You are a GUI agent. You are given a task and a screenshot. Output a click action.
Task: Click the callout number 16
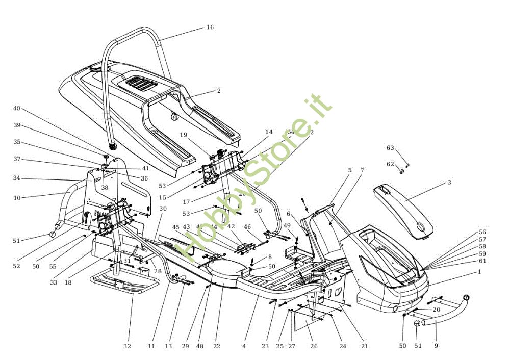[210, 27]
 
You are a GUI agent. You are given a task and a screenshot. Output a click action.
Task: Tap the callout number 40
[17, 108]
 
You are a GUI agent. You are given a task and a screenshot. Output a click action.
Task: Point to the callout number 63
[390, 148]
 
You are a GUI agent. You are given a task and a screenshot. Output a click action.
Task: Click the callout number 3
[449, 182]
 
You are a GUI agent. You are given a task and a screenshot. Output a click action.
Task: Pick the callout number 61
[482, 261]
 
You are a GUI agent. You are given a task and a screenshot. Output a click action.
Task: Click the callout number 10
[17, 198]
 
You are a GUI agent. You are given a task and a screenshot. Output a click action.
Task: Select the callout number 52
[17, 266]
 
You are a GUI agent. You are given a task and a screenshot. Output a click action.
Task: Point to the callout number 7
[362, 170]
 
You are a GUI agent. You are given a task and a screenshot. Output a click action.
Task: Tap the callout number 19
[184, 135]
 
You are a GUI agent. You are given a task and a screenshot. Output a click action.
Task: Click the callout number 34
[17, 178]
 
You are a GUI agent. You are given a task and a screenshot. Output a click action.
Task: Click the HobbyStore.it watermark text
[255, 178]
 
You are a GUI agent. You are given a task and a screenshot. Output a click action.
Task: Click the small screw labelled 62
[401, 172]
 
